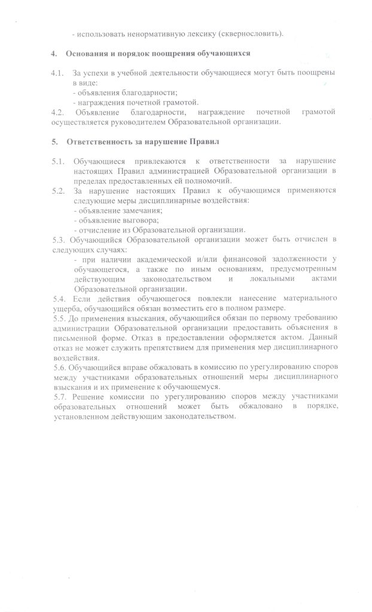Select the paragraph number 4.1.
tap(57, 73)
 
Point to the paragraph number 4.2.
tap(57, 112)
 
